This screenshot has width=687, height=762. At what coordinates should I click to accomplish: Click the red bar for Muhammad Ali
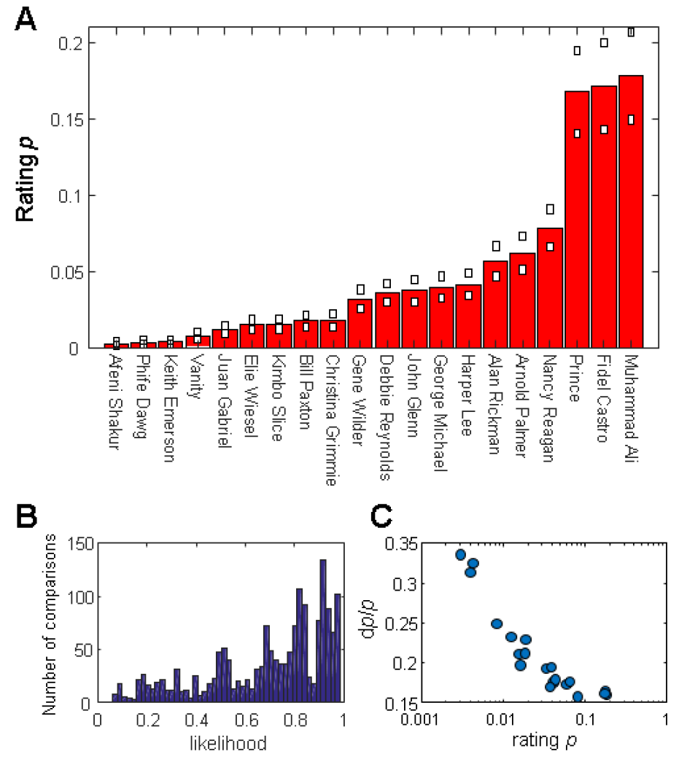(631, 211)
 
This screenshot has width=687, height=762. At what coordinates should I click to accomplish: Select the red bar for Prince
(577, 219)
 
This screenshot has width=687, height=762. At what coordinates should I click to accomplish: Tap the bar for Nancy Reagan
(550, 288)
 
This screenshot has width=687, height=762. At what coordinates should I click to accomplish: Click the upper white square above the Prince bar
(577, 51)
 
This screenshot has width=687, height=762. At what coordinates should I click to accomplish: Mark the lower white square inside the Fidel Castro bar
(604, 130)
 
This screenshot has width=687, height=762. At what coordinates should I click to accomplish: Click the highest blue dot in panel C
(460, 555)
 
